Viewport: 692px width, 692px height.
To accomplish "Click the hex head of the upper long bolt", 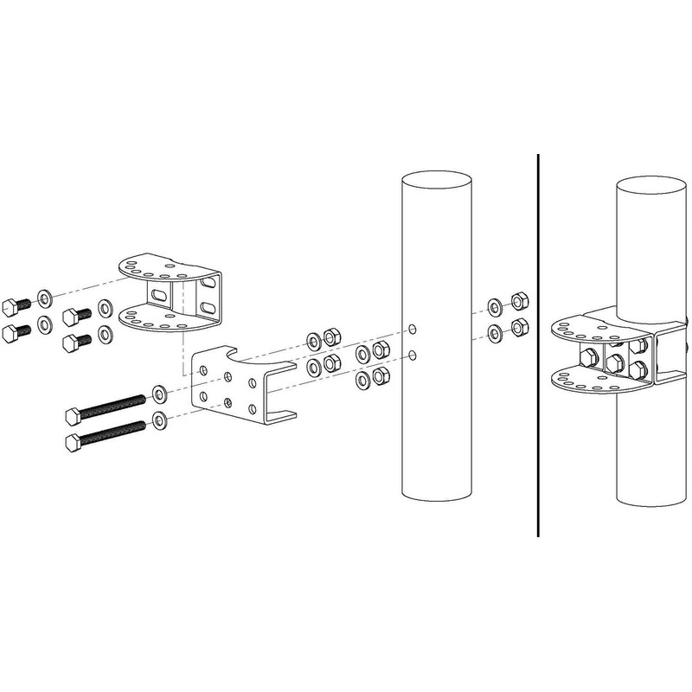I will tap(73, 416).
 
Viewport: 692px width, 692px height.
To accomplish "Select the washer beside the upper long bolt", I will tap(160, 395).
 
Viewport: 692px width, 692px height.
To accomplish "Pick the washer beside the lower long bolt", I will tap(160, 421).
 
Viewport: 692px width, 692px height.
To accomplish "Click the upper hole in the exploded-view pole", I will tap(414, 330).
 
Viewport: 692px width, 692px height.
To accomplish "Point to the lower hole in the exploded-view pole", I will tap(414, 354).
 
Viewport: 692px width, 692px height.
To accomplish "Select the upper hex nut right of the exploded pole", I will tap(519, 302).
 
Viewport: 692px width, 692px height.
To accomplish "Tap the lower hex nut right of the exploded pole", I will tap(519, 327).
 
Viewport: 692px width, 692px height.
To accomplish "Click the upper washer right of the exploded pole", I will tap(494, 306).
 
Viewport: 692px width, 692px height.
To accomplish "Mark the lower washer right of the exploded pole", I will tap(494, 331).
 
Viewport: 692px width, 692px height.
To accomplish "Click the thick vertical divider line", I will tap(539, 346).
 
